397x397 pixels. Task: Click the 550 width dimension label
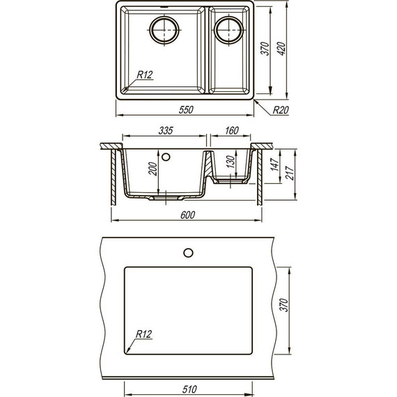[x=186, y=109]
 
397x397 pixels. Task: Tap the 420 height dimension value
[x=281, y=48]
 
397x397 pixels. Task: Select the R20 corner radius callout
[x=281, y=110]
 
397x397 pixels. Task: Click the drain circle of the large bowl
[x=164, y=30]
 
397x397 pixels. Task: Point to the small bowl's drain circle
[x=228, y=30]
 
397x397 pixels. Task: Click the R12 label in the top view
[x=145, y=75]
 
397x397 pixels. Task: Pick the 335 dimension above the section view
[x=166, y=131]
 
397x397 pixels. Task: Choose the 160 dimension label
[x=232, y=131]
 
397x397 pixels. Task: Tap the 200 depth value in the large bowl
[x=153, y=169]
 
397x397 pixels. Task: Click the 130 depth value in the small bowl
[x=231, y=162]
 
